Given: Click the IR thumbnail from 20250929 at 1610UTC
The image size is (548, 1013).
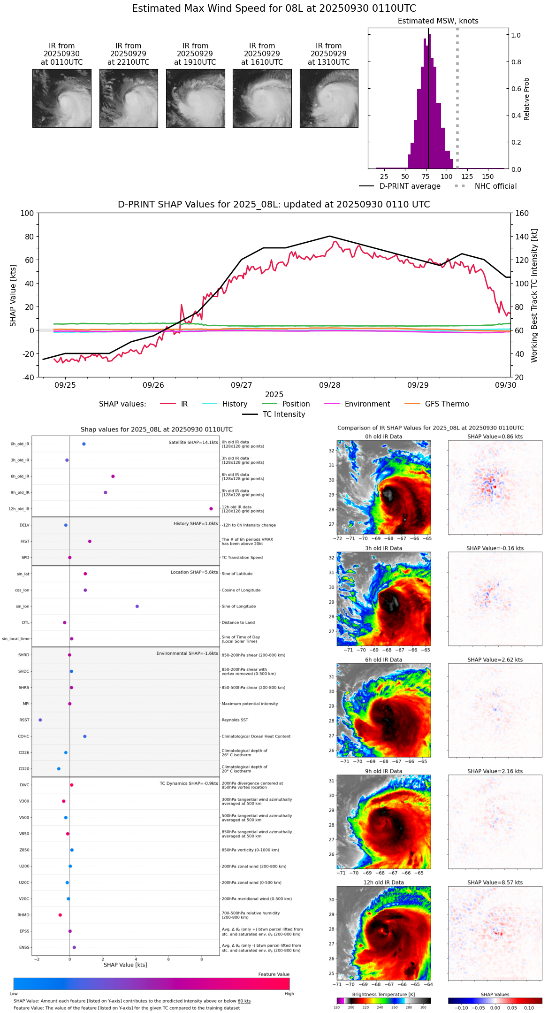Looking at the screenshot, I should (x=262, y=98).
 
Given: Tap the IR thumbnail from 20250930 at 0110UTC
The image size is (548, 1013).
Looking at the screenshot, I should (x=61, y=98).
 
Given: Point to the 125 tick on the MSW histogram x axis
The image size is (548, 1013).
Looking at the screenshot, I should (x=467, y=177).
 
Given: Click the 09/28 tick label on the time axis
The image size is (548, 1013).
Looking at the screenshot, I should (x=329, y=385).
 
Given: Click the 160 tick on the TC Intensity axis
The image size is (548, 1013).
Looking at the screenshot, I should (x=522, y=213).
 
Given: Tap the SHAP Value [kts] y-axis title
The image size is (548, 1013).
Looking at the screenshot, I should (x=13, y=295).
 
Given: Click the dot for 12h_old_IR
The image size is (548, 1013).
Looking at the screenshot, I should (x=211, y=509).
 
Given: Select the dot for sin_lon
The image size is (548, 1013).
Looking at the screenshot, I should (x=137, y=606).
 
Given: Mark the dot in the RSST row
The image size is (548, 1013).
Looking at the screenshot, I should (x=40, y=720).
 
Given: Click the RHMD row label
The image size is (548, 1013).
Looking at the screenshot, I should (x=23, y=915).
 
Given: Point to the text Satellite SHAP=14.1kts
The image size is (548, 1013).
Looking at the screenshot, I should (x=193, y=443).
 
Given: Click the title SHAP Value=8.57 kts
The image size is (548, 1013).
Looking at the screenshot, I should (x=495, y=883).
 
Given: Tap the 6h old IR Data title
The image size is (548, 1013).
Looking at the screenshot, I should (x=383, y=660).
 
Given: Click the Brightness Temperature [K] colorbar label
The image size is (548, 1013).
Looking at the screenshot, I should (x=383, y=994).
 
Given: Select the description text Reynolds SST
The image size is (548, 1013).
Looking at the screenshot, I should (x=235, y=720).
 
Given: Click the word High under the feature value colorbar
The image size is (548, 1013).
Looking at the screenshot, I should (x=289, y=993).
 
